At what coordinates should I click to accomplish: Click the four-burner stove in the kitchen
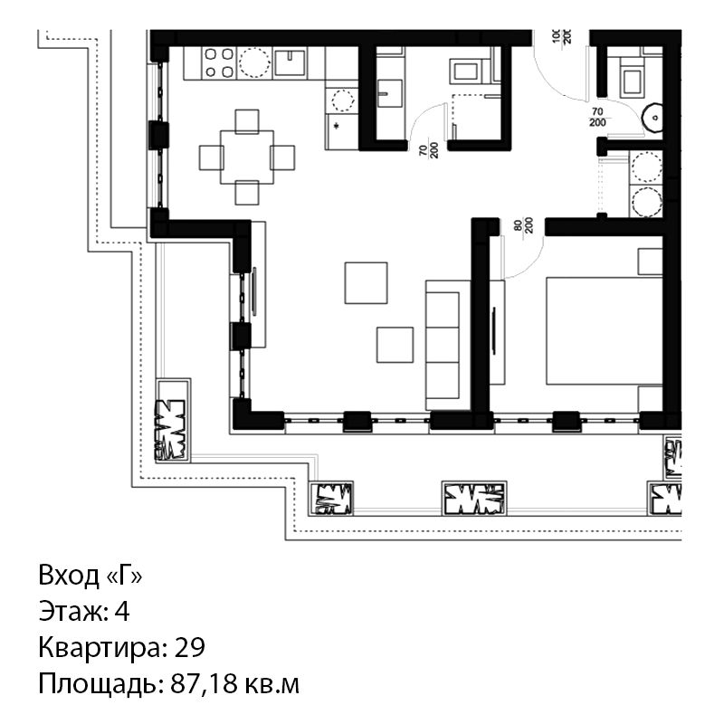click(x=218, y=62)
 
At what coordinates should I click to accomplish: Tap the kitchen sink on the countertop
click(x=290, y=62)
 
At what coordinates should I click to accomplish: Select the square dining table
click(x=246, y=157)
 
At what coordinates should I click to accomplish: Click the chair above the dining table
click(x=246, y=121)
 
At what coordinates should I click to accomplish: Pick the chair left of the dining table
click(x=212, y=157)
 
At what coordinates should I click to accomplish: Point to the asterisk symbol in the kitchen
click(x=336, y=126)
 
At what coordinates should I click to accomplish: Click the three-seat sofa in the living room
click(x=443, y=345)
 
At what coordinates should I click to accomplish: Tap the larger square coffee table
click(x=366, y=283)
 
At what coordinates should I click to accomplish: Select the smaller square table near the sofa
click(x=395, y=345)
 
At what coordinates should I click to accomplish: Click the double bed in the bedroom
click(x=604, y=330)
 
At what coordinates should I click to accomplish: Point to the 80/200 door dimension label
click(x=524, y=225)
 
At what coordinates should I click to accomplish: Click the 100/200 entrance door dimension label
click(x=561, y=36)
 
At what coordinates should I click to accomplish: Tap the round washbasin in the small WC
click(x=653, y=118)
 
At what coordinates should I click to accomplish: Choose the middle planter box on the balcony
click(x=474, y=499)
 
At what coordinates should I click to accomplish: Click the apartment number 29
click(x=189, y=647)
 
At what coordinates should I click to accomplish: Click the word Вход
click(x=69, y=576)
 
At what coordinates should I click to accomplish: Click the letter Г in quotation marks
click(x=124, y=576)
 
